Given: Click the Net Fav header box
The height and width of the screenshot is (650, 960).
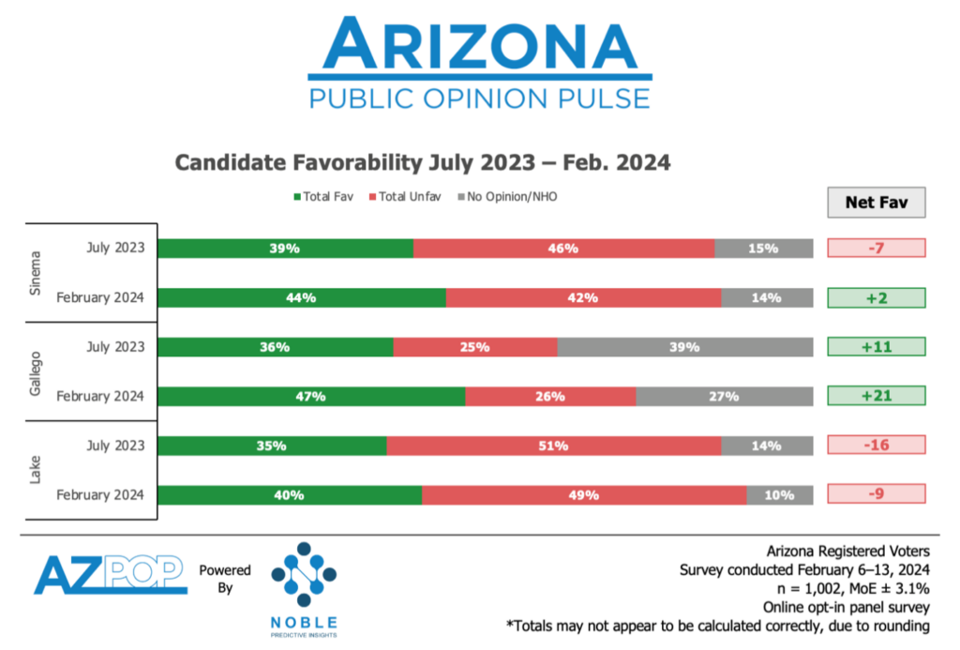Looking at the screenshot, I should click(x=876, y=202).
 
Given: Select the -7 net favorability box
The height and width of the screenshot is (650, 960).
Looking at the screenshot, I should click(x=876, y=249).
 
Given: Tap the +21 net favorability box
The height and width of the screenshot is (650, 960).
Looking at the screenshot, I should click(x=876, y=396).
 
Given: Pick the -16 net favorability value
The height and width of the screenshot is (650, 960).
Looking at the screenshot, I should click(x=876, y=446).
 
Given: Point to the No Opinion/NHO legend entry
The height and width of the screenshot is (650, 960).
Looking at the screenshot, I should click(x=507, y=197).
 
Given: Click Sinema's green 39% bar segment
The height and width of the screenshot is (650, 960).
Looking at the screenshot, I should click(x=285, y=249).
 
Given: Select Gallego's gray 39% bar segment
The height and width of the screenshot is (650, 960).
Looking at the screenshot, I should click(x=685, y=347).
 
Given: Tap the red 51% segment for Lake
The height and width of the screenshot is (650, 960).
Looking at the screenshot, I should click(x=554, y=446).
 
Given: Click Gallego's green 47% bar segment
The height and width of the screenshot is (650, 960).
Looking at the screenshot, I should click(x=311, y=396).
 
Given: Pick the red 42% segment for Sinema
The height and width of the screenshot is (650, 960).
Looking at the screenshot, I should click(x=583, y=297).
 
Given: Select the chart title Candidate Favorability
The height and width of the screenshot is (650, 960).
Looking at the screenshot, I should click(x=423, y=162).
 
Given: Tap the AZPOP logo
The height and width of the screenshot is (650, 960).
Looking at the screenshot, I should click(x=111, y=574).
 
